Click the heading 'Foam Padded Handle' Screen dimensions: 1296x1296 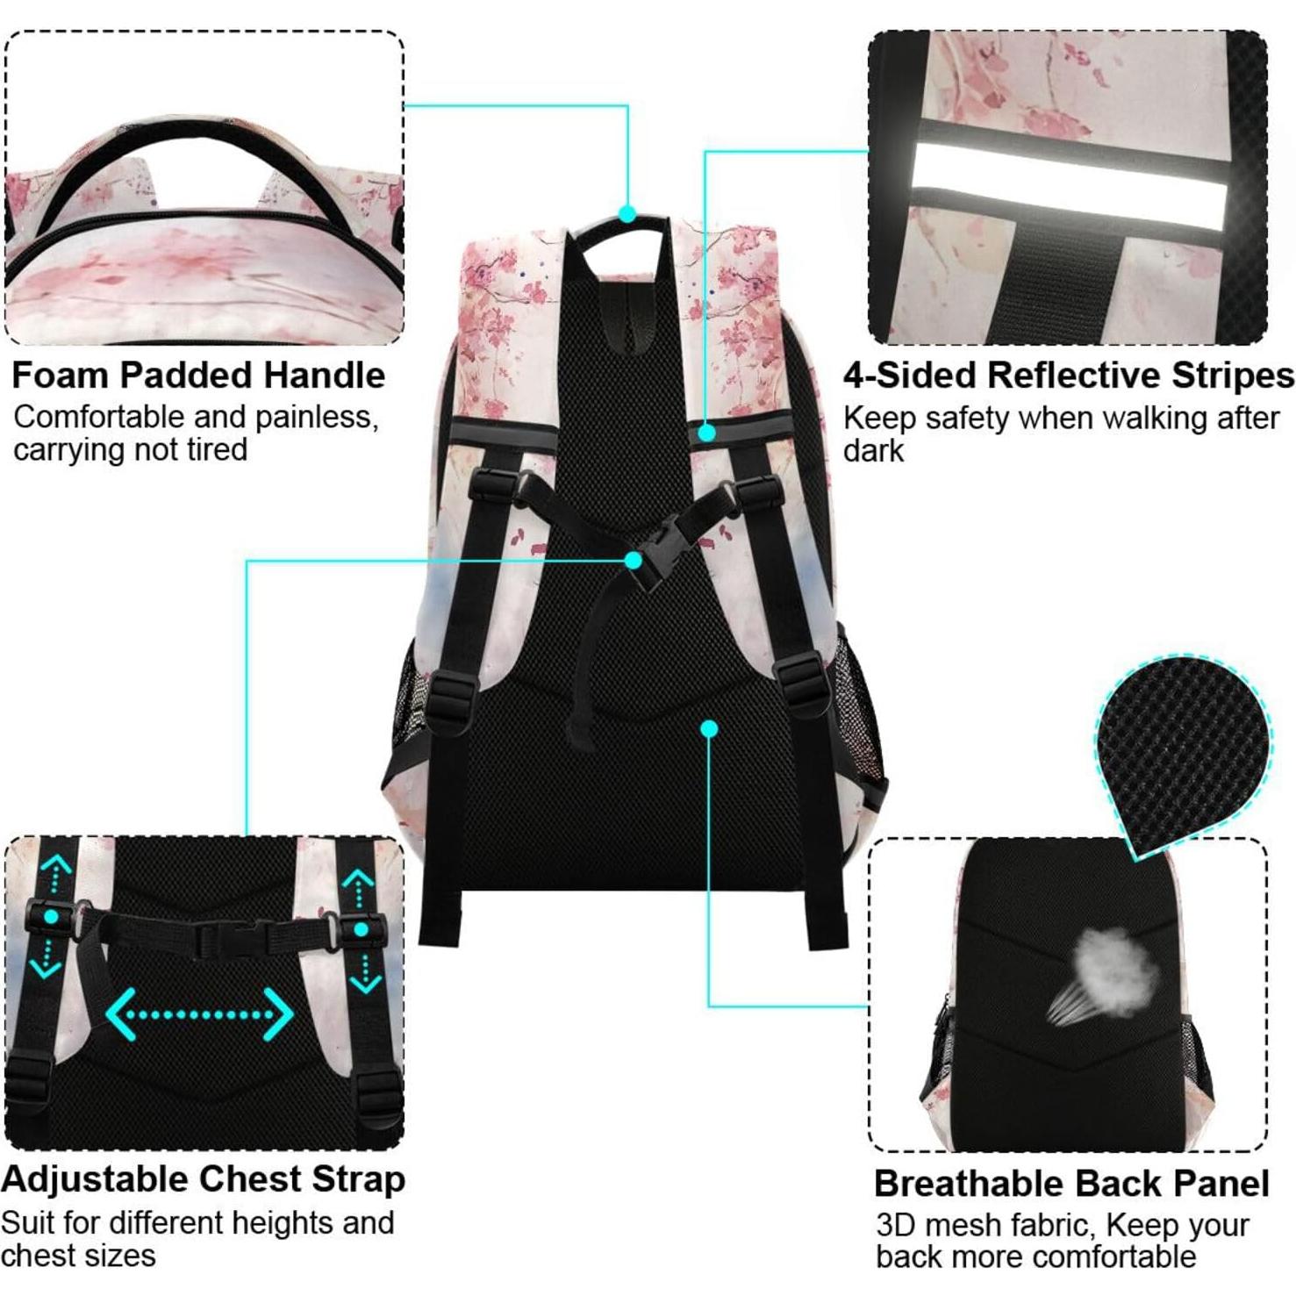(x=198, y=375)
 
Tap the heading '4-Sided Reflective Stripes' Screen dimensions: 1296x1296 (x=1068, y=375)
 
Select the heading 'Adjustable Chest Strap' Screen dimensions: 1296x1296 (x=203, y=1178)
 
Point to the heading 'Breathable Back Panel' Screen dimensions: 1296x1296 (x=1071, y=1184)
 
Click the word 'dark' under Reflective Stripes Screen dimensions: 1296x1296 (x=873, y=451)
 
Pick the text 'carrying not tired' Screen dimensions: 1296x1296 (x=130, y=449)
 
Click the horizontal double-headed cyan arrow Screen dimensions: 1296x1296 (x=199, y=1015)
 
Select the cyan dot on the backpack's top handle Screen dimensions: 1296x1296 (x=627, y=213)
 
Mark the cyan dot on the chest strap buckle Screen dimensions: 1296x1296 (x=634, y=560)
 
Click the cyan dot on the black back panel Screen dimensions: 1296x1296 (x=709, y=728)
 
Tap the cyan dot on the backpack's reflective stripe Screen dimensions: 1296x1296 (x=706, y=432)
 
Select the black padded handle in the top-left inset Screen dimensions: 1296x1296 (x=201, y=153)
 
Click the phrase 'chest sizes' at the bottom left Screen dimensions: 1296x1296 (x=78, y=1256)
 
